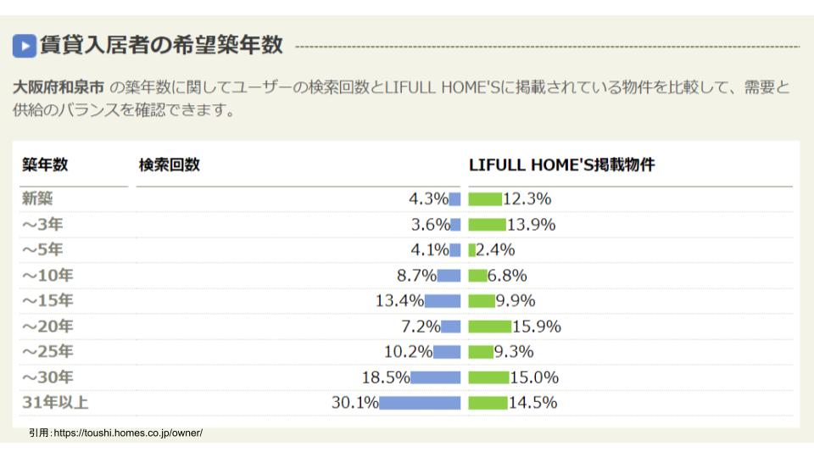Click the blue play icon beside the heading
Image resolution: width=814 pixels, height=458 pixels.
pyautogui.click(x=24, y=45)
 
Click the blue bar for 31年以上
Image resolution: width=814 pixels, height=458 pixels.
pyautogui.click(x=420, y=403)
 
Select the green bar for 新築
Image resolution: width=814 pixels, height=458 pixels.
pyautogui.click(x=485, y=199)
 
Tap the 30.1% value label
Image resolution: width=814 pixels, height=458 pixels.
pyautogui.click(x=354, y=403)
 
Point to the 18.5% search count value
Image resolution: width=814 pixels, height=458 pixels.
pyautogui.click(x=386, y=377)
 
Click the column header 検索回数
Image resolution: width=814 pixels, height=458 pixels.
pyautogui.click(x=170, y=165)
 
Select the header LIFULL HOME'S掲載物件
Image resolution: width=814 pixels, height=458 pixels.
pyautogui.click(x=561, y=165)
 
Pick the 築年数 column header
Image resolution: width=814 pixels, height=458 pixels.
pyautogui.click(x=45, y=165)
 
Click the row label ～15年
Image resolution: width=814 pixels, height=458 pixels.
pyautogui.click(x=47, y=301)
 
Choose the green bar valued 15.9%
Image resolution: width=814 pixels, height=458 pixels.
pyautogui.click(x=489, y=327)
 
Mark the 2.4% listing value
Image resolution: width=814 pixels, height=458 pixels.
pyautogui.click(x=496, y=250)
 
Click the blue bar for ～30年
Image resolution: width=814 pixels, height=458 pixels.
pyautogui.click(x=436, y=377)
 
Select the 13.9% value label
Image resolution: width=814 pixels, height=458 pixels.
pyautogui.click(x=531, y=225)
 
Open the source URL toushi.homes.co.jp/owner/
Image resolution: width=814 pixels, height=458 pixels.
pyautogui.click(x=127, y=433)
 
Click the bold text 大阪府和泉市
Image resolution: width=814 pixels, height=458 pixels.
pyautogui.click(x=59, y=87)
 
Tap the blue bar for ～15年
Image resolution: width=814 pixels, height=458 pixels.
pyautogui.click(x=443, y=301)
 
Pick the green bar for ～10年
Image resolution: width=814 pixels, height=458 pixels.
pyautogui.click(x=477, y=276)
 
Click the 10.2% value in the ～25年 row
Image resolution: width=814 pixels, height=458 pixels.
pyautogui.click(x=407, y=352)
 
